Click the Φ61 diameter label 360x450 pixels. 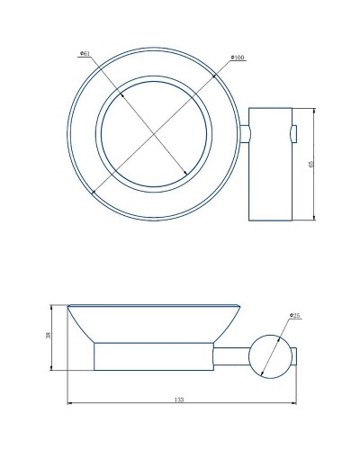tap(85, 54)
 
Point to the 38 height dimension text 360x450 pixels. tap(49, 337)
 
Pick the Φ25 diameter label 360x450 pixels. tap(293, 316)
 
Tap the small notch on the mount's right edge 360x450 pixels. tap(292, 136)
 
